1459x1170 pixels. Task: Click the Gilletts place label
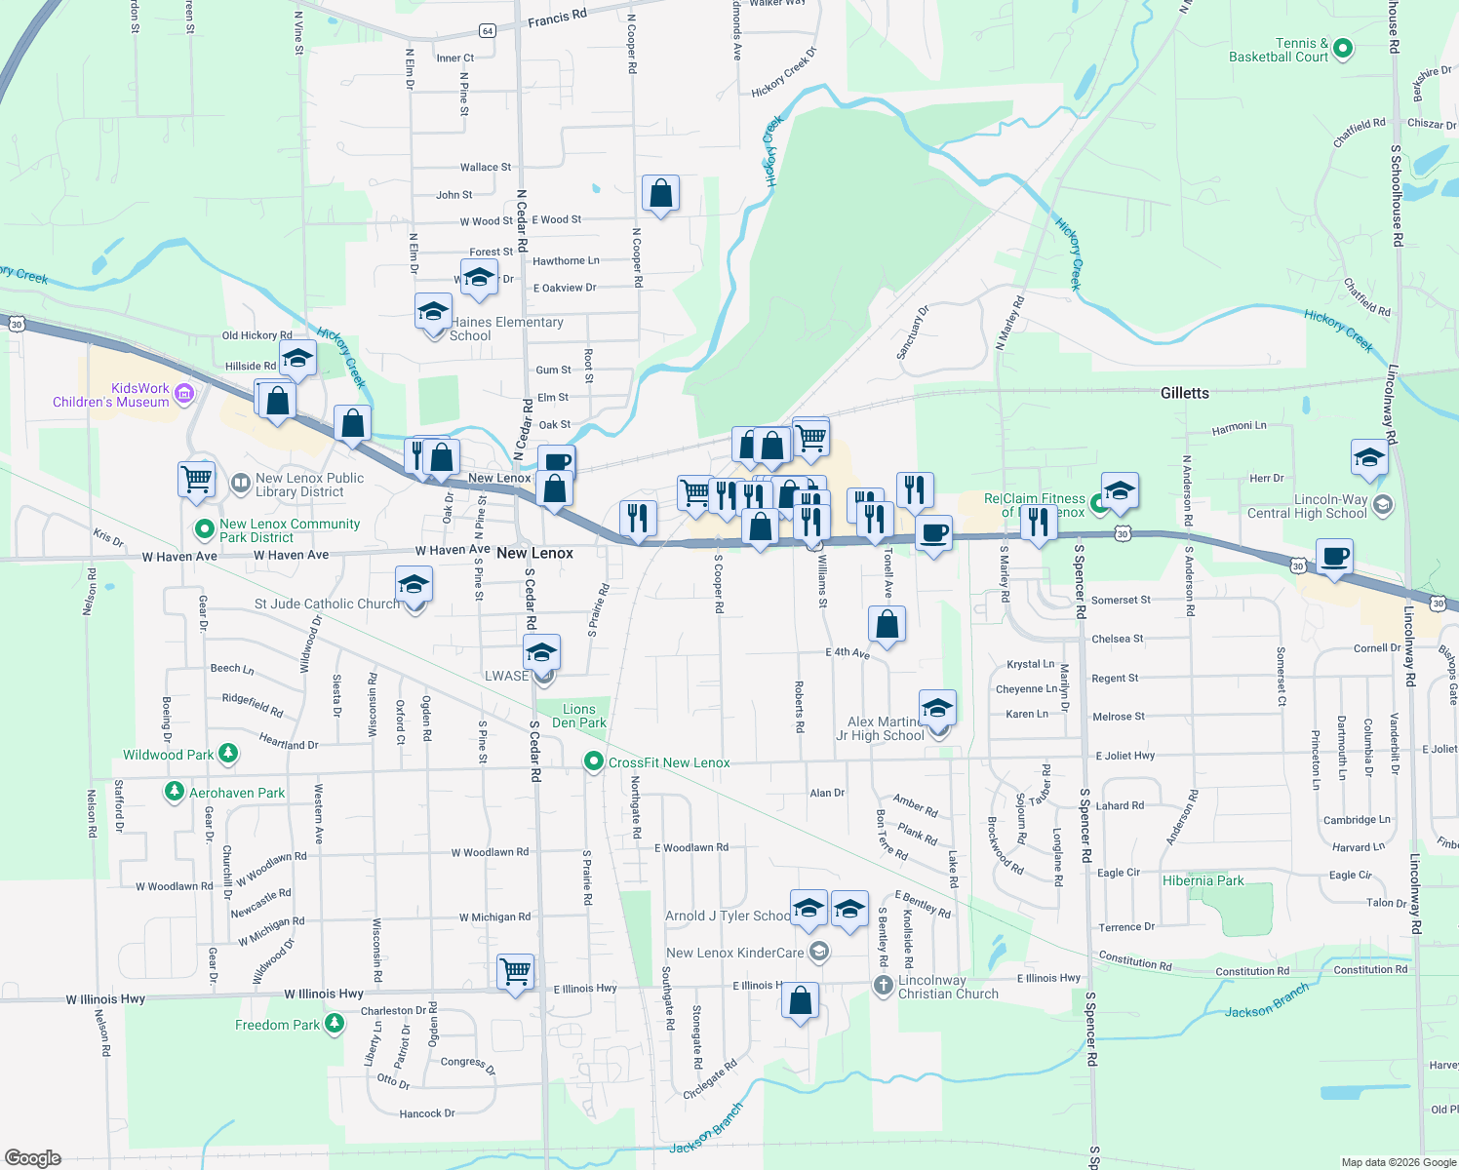pyautogui.click(x=1184, y=393)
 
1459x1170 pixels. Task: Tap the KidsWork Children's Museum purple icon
pyautogui.click(x=184, y=394)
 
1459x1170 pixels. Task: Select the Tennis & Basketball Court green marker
pyautogui.click(x=1342, y=48)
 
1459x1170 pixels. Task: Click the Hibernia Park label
pyautogui.click(x=1203, y=880)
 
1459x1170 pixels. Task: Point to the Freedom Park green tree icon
pyautogui.click(x=335, y=1024)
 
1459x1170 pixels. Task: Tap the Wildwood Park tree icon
pyautogui.click(x=228, y=754)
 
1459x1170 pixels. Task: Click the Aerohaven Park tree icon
pyautogui.click(x=175, y=792)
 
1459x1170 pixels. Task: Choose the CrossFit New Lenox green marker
pyautogui.click(x=593, y=761)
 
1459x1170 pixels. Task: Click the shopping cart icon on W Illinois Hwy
pyautogui.click(x=515, y=970)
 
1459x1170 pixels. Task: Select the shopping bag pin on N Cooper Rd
pyautogui.click(x=660, y=194)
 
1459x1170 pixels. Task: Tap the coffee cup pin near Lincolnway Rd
pyautogui.click(x=1334, y=558)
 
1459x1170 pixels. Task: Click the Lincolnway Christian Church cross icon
pyautogui.click(x=883, y=986)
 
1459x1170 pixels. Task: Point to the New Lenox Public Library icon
pyautogui.click(x=240, y=484)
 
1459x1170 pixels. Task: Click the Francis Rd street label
pyautogui.click(x=557, y=18)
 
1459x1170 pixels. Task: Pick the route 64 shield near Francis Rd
pyautogui.click(x=488, y=31)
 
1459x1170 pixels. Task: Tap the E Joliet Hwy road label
pyautogui.click(x=1124, y=755)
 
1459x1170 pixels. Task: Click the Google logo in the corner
pyautogui.click(x=33, y=1157)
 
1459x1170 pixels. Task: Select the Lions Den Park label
pyautogui.click(x=579, y=716)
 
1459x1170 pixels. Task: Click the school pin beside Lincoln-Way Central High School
pyautogui.click(x=1369, y=457)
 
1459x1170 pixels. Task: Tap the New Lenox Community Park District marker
pyautogui.click(x=204, y=528)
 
